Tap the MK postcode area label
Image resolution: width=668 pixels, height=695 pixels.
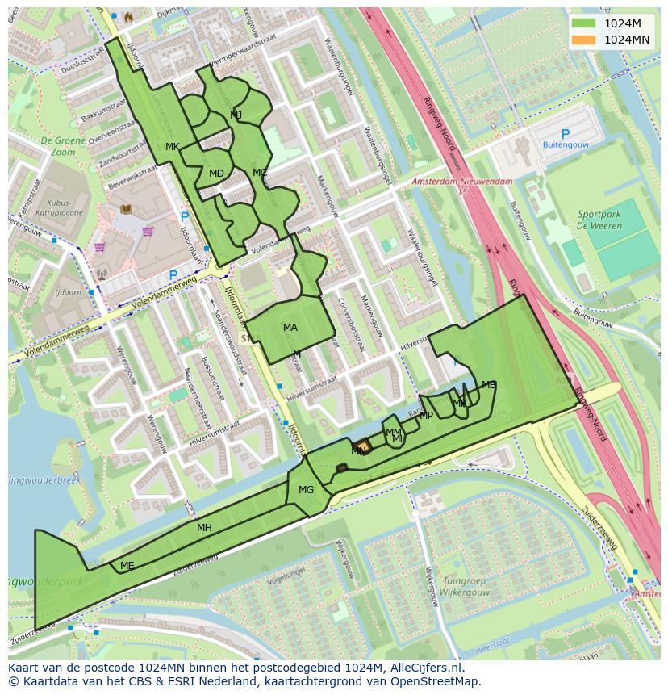pos(172,147)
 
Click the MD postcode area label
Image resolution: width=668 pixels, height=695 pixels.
pos(216,174)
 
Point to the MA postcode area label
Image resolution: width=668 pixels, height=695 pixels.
pos(290,328)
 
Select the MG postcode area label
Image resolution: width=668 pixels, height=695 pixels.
pos(306,490)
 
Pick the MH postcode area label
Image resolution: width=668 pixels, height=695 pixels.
pos(204,528)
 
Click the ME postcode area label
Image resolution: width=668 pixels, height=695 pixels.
pos(127,566)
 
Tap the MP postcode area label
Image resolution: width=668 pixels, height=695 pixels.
pos(426,416)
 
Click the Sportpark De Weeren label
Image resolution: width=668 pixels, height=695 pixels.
pos(599,220)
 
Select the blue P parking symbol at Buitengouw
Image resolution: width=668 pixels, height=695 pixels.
pos(565,134)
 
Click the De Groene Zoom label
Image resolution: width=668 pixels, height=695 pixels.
pos(57,146)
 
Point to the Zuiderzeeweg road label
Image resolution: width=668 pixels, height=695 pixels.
pos(599,529)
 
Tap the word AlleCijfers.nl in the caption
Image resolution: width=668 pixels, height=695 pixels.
pos(427,668)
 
